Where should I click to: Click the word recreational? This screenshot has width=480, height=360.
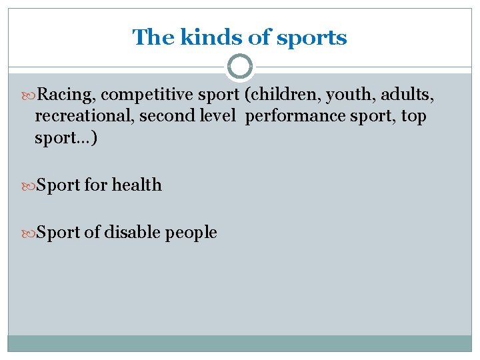tap(80, 117)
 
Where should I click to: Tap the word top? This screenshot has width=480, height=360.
tap(413, 117)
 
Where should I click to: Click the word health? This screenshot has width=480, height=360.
tap(137, 185)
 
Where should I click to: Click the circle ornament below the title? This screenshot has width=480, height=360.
tap(240, 67)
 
